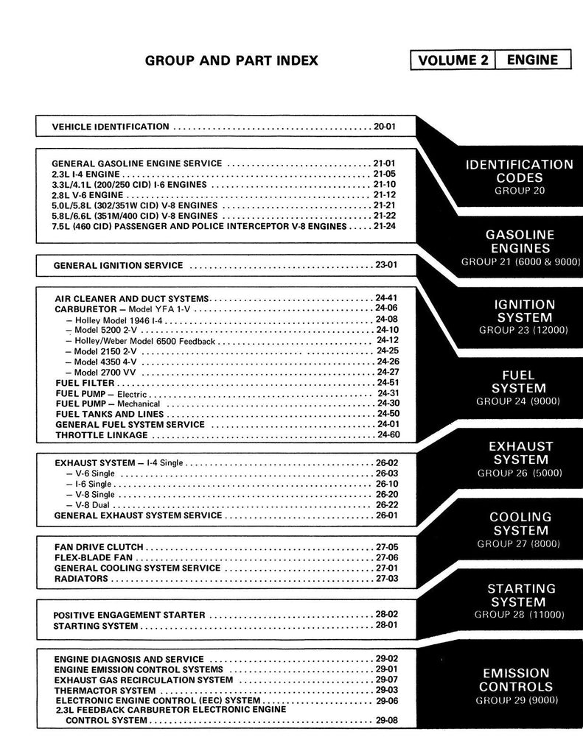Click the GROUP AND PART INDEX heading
[x=231, y=60]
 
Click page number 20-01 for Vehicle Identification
[x=385, y=127]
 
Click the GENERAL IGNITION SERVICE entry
[x=118, y=264]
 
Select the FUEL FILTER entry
[x=85, y=383]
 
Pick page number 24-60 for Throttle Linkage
[x=388, y=434]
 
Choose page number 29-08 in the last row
[x=386, y=721]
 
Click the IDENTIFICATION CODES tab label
[x=519, y=171]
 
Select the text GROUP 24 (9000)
[x=519, y=401]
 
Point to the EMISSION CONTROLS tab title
[x=516, y=680]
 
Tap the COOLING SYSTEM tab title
[x=520, y=524]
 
